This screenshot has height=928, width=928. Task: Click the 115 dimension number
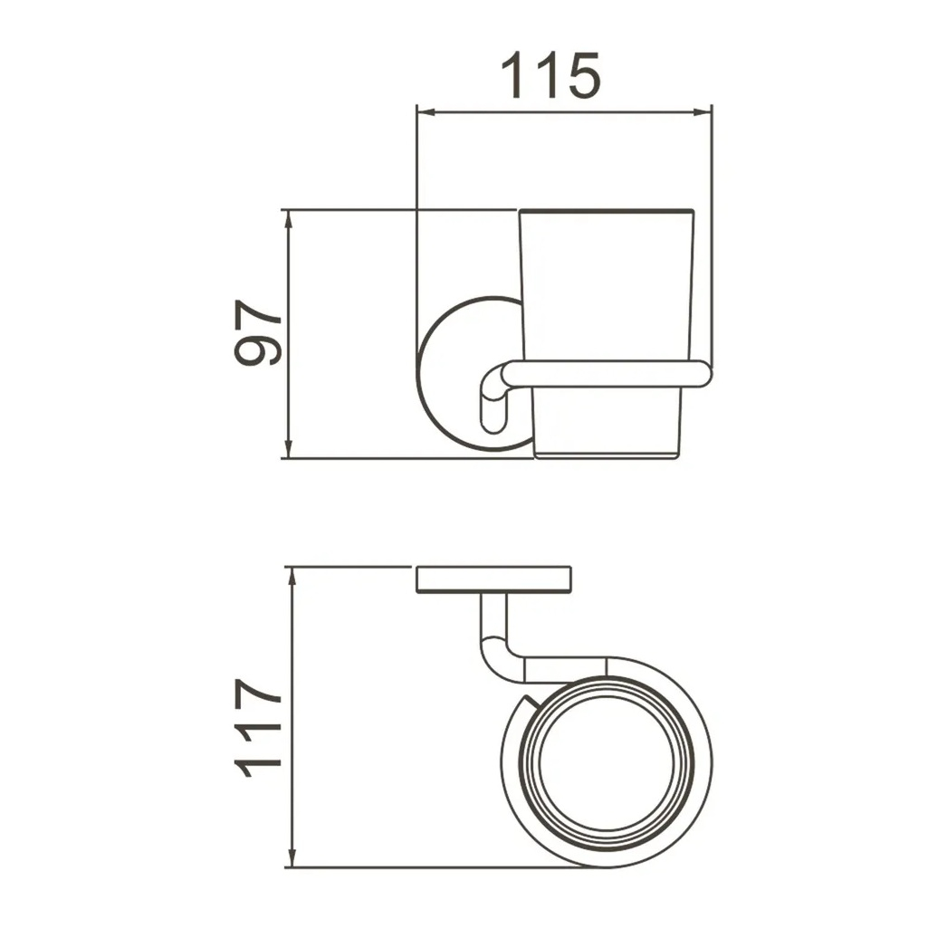tap(550, 75)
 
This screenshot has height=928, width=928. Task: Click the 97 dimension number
tap(257, 332)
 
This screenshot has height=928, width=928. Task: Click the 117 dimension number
tap(257, 727)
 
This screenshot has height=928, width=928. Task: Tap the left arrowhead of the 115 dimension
tap(426, 112)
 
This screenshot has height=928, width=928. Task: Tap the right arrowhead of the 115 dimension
tap(702, 112)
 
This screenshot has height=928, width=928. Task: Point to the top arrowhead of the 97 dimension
tap(288, 220)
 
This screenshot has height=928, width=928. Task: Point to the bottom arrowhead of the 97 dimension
tap(288, 448)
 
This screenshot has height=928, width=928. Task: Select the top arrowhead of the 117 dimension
tap(292, 577)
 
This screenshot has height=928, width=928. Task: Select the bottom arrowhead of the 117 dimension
tap(292, 857)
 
